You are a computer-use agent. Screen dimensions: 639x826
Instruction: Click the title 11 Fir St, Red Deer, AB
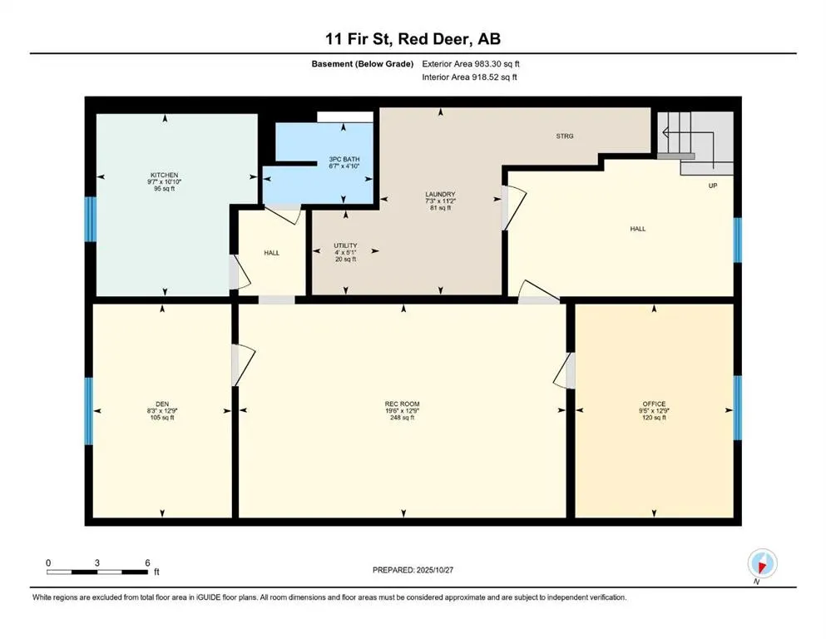[413, 39]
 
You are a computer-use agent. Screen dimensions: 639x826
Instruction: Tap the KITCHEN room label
[165, 175]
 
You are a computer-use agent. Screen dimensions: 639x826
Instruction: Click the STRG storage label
[566, 136]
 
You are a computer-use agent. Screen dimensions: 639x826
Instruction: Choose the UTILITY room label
[345, 245]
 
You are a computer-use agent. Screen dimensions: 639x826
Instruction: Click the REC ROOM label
[403, 404]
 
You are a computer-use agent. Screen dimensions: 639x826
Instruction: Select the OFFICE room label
[654, 404]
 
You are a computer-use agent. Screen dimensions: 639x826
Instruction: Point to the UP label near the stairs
[713, 186]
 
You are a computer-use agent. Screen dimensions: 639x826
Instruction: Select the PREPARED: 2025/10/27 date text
[413, 570]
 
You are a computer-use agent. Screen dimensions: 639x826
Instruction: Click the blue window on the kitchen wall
[90, 220]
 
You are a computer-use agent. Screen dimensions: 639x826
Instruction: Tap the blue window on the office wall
[737, 407]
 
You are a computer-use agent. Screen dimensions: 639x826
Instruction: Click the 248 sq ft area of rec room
[403, 417]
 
